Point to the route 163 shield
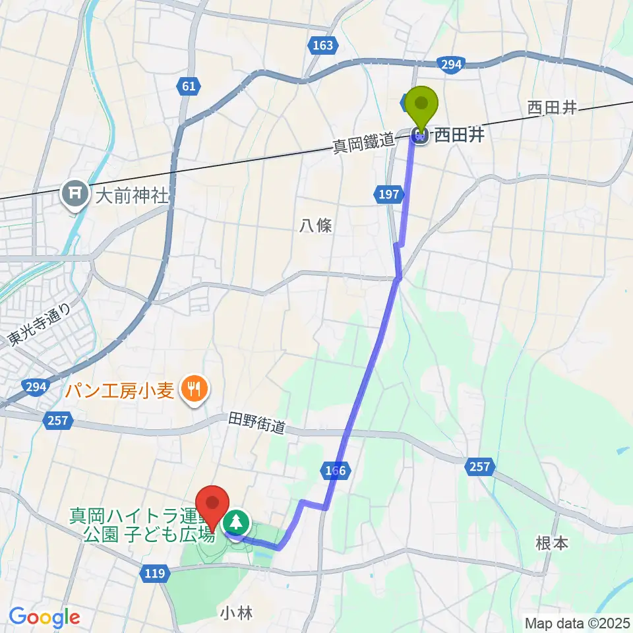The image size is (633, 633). [x=323, y=45]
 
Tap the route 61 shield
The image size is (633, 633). [x=188, y=85]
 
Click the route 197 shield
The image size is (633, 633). [x=389, y=193]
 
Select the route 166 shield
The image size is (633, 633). [x=335, y=471]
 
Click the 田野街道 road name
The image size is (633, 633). [x=257, y=423]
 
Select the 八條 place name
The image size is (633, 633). [x=316, y=226]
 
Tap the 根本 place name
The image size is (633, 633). [x=551, y=543]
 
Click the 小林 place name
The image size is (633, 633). [x=236, y=613]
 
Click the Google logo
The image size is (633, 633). [x=45, y=617]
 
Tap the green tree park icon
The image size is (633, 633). [x=236, y=523]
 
